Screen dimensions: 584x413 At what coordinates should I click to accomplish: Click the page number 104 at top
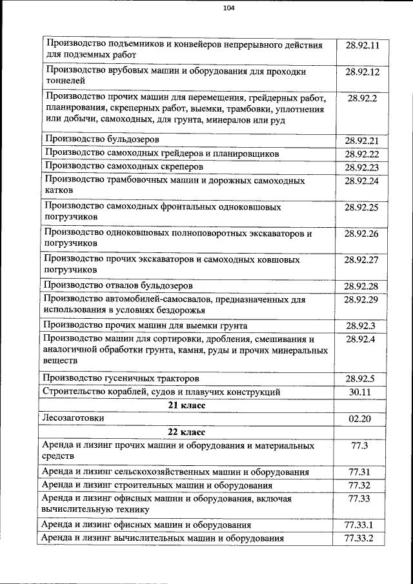[228, 8]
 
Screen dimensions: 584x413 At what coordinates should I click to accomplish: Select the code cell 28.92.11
[362, 45]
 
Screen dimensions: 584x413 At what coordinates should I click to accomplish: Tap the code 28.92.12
[362, 72]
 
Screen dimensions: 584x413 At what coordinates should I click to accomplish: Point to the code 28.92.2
[362, 99]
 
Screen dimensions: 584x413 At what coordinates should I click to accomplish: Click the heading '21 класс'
[187, 405]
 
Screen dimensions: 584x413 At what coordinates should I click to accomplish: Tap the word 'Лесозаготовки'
[73, 418]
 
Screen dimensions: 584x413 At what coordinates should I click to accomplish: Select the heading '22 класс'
[187, 432]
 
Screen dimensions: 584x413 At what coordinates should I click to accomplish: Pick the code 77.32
[359, 485]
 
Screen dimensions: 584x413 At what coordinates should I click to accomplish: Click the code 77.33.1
[359, 525]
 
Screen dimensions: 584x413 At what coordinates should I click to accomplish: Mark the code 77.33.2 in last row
[359, 538]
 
